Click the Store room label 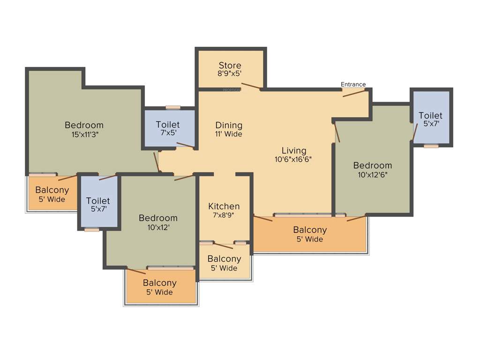[230, 65]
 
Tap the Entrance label [353, 84]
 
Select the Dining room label [229, 125]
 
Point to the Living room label [294, 150]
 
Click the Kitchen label [224, 206]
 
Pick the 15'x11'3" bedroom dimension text [84, 134]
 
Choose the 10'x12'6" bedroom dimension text [373, 174]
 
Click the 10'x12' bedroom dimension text [158, 227]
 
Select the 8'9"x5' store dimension [230, 74]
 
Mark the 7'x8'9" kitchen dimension [224, 215]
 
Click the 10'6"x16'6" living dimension [294, 159]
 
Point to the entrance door [354, 92]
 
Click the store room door [251, 86]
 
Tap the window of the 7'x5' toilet [173, 107]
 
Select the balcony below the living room [309, 234]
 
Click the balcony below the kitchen [224, 263]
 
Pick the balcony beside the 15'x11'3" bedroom [52, 195]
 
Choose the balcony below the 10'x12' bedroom [159, 287]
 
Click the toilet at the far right [431, 119]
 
